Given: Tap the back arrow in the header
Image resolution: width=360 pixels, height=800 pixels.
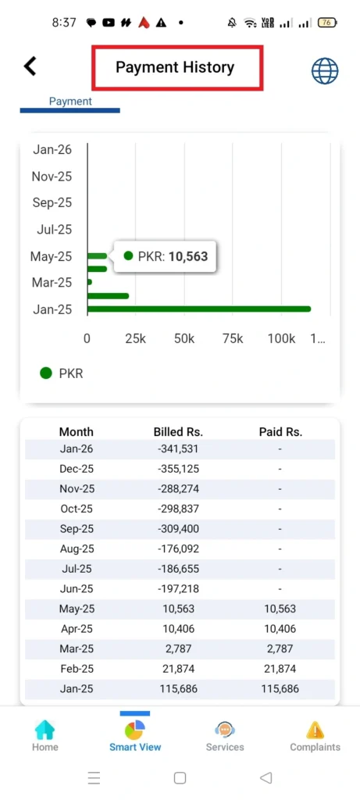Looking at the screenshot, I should click(30, 66).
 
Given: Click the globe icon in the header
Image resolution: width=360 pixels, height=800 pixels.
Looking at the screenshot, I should click(325, 70).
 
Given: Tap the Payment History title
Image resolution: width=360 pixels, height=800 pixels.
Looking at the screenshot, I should click(175, 67).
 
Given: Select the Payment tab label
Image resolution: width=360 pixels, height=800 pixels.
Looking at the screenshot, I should click(70, 102).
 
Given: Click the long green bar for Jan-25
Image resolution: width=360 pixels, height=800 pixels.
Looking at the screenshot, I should click(198, 309).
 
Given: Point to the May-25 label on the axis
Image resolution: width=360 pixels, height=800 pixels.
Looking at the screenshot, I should click(51, 256).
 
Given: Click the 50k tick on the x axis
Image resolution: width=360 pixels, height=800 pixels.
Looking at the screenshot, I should click(184, 339).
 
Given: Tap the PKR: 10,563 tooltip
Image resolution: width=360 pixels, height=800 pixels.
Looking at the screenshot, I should click(166, 255).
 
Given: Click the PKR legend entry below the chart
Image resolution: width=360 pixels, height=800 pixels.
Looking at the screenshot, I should click(62, 373).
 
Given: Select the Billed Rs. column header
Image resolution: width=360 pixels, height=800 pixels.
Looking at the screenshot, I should click(179, 431).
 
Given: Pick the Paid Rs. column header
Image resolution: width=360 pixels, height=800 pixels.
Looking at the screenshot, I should click(280, 431).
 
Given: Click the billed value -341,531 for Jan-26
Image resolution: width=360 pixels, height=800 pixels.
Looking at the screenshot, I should click(179, 449).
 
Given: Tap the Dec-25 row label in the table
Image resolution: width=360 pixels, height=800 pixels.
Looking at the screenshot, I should click(77, 469).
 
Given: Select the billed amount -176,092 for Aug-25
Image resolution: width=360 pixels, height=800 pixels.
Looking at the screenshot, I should click(179, 549).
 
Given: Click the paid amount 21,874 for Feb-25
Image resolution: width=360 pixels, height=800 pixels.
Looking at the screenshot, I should click(280, 670).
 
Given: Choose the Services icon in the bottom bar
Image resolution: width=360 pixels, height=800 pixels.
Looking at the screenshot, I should click(225, 730).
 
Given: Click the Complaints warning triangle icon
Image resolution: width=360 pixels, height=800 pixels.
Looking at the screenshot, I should click(315, 730).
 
